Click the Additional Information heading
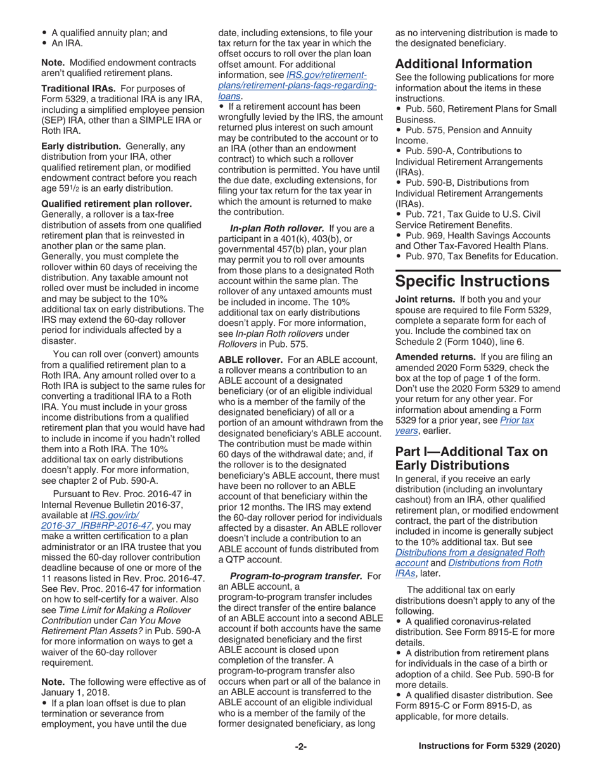[463, 63]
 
